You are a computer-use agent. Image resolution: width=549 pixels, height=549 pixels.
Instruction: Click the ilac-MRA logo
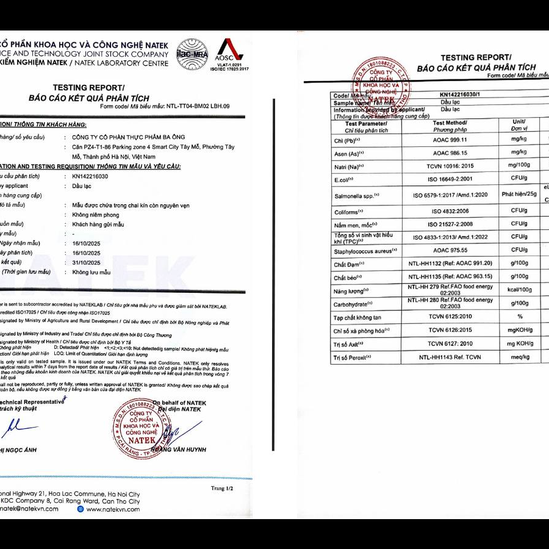click(x=192, y=54)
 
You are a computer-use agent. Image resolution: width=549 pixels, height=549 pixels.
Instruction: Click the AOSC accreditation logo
click(x=229, y=54)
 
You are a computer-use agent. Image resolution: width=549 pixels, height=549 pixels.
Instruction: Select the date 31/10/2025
click(x=85, y=262)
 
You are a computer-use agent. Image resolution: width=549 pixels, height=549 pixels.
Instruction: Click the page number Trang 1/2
click(x=222, y=488)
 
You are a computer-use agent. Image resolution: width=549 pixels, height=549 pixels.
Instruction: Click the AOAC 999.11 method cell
click(x=450, y=139)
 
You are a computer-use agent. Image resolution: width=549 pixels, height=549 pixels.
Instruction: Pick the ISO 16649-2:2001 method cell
click(x=450, y=180)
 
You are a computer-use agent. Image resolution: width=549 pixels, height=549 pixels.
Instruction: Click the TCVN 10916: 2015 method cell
click(x=450, y=166)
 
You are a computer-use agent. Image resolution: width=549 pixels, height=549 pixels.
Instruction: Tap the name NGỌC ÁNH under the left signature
click(x=22, y=450)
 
